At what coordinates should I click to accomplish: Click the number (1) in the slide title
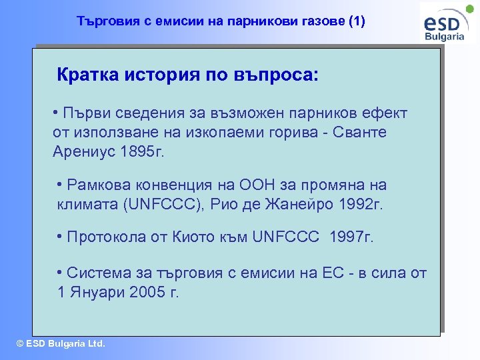pyautogui.click(x=357, y=22)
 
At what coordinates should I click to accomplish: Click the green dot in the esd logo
pyautogui.click(x=470, y=10)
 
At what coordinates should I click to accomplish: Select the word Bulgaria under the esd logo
pyautogui.click(x=445, y=37)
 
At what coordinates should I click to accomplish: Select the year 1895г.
pyautogui.click(x=142, y=151)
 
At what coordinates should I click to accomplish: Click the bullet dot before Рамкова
pyautogui.click(x=61, y=185)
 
